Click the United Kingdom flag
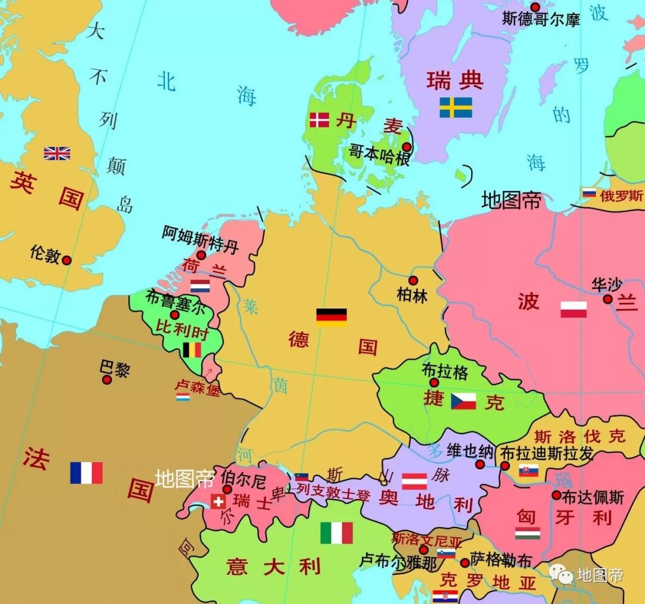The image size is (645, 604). [57, 153]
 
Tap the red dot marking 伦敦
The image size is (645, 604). [67, 260]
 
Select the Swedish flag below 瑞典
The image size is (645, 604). [456, 107]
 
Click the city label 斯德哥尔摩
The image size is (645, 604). [541, 19]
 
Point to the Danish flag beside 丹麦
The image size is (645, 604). [320, 120]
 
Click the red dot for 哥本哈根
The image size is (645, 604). [406, 147]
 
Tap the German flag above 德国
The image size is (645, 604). [331, 317]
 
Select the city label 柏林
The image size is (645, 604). [412, 295]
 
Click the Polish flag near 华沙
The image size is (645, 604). [573, 309]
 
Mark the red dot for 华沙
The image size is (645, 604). [607, 299]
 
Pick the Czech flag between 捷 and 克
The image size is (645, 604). [463, 400]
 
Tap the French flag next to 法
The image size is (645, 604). [87, 473]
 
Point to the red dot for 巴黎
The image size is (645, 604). [107, 380]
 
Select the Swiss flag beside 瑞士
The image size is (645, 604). [218, 501]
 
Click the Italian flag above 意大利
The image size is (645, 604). [337, 533]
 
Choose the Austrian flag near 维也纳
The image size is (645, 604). [414, 481]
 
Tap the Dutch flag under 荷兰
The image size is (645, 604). [200, 286]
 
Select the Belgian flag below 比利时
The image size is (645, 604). [192, 350]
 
